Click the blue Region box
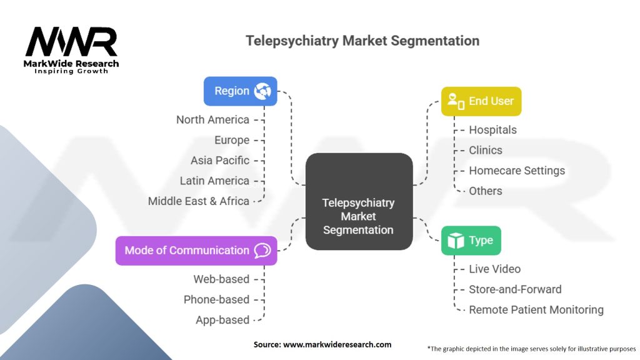point(240,91)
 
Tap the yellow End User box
point(481,101)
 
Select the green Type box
point(471,241)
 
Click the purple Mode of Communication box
point(196,251)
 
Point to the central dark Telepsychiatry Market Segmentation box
point(358,202)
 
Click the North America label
point(212,120)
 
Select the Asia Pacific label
point(219,161)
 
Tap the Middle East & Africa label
point(198,201)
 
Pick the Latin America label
point(214,181)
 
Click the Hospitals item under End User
point(492,130)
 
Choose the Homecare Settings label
point(516,171)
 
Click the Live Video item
point(494,269)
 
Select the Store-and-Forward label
point(515,289)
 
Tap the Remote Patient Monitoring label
point(536,309)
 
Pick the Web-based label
point(221,279)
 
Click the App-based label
point(222,320)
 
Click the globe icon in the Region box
point(262,91)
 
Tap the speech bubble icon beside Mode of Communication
point(262,251)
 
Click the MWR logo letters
point(71,42)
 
